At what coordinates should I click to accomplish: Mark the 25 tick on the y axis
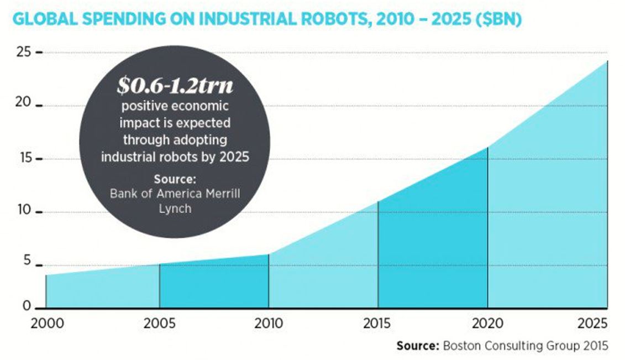(x=25, y=53)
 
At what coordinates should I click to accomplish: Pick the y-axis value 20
(x=25, y=106)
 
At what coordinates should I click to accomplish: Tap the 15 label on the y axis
(x=25, y=159)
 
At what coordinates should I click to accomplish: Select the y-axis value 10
(x=25, y=212)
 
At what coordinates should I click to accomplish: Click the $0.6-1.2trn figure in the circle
(x=175, y=86)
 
